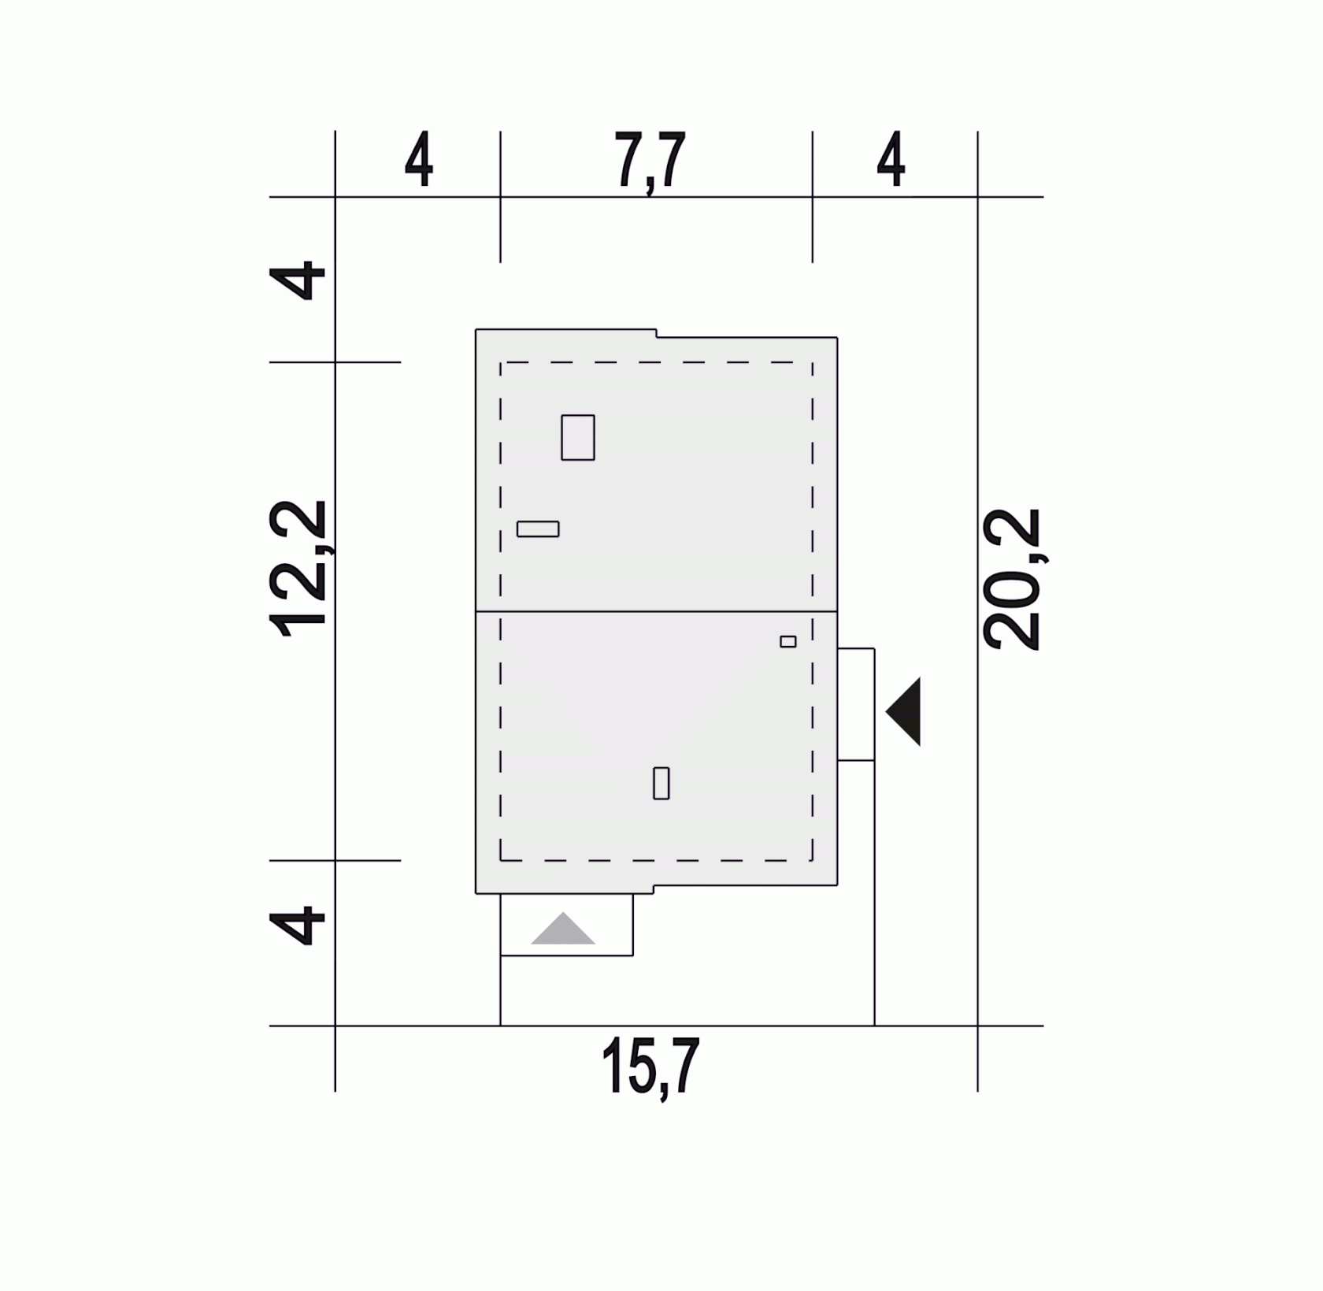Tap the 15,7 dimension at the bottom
click(x=650, y=1067)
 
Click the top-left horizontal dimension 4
click(x=419, y=160)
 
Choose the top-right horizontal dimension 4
click(x=891, y=160)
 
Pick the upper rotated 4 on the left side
click(x=297, y=281)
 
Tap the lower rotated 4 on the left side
click(x=297, y=926)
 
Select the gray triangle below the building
click(x=563, y=929)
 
